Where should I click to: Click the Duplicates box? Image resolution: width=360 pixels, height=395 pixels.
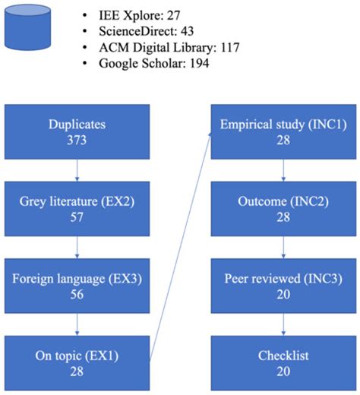(77, 131)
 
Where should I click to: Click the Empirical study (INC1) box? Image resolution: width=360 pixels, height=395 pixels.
(283, 131)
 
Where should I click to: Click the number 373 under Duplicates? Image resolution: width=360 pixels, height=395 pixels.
(77, 140)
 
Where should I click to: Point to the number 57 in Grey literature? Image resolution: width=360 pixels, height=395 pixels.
(77, 218)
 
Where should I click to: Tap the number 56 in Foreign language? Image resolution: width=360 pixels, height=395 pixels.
(77, 296)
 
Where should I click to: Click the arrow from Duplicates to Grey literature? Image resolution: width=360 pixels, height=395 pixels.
(77, 170)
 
